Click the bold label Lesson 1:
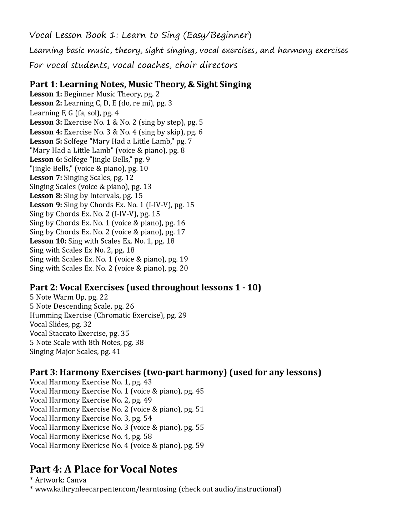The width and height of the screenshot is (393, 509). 46,94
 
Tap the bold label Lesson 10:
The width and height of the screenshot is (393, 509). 48,241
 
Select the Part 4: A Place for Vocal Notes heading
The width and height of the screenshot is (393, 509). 103,469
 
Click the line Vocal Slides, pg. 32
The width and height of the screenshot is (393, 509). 61,324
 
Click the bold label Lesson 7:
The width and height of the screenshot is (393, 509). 46,178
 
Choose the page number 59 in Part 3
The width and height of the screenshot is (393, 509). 200,445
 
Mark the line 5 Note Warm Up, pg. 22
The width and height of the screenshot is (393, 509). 69,297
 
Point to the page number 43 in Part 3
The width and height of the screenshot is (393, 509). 147,382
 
